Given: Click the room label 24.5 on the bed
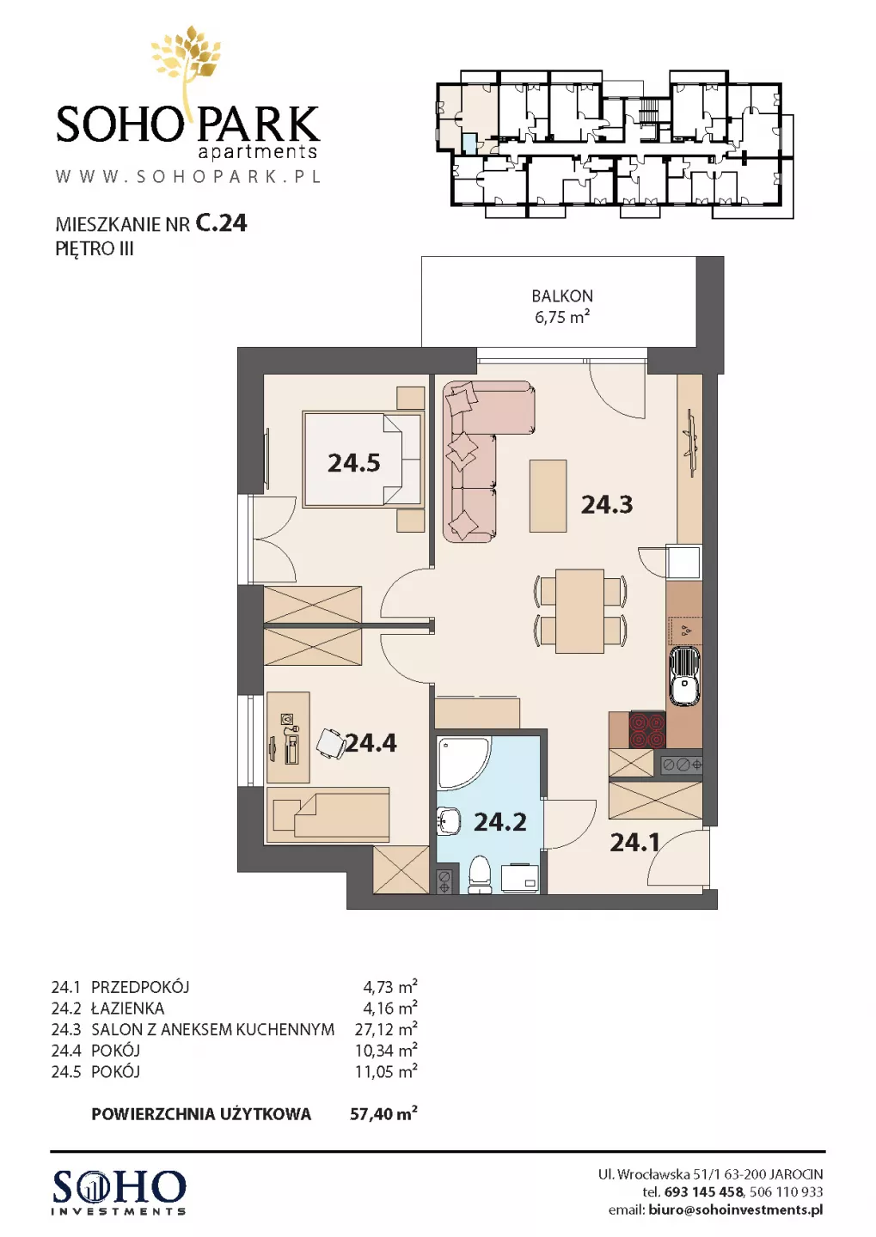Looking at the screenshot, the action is click(x=353, y=463).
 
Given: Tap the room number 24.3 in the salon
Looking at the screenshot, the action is click(x=607, y=504).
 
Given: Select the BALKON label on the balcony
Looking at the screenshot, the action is click(x=562, y=296).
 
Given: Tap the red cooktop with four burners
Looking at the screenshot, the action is click(x=647, y=729).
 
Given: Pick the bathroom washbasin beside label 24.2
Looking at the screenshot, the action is click(x=449, y=822).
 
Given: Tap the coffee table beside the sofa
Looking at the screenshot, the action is click(x=548, y=496).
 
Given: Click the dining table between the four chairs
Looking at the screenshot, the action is click(x=579, y=610).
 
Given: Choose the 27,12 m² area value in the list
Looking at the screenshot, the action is click(x=386, y=1029).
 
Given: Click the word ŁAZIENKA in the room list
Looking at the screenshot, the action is click(x=128, y=1008).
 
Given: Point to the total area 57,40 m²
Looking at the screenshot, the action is click(x=383, y=1113).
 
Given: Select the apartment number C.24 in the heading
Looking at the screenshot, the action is click(x=221, y=223).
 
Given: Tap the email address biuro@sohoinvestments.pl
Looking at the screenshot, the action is click(x=736, y=1210).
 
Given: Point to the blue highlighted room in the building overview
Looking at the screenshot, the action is click(x=469, y=144).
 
